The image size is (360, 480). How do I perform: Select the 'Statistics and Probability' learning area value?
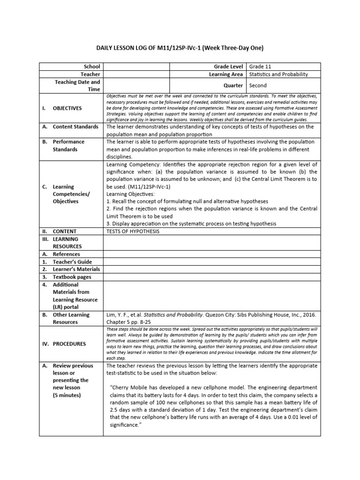point(278,74)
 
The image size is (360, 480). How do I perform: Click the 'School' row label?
point(91,67)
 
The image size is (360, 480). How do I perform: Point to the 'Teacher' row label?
point(90,74)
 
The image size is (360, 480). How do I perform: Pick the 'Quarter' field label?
point(233,85)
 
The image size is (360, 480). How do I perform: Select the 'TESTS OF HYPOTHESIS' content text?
point(133,231)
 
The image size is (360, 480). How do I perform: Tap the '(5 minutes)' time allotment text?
point(68,395)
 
